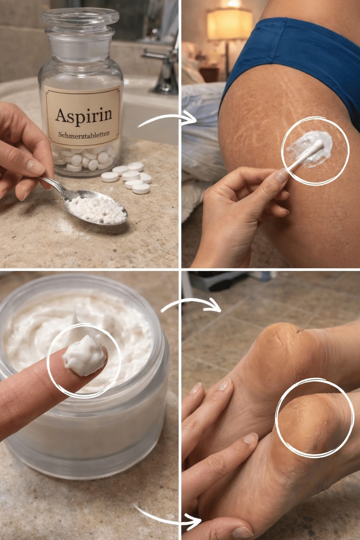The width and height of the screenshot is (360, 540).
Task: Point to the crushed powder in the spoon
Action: point(96,209)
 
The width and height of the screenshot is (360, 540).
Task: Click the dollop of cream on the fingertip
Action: point(84,355)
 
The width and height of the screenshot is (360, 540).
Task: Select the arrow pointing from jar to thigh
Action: point(167,119)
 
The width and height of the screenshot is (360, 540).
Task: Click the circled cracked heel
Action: point(314,418)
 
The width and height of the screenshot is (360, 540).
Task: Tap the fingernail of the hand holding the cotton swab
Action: point(281,175)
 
